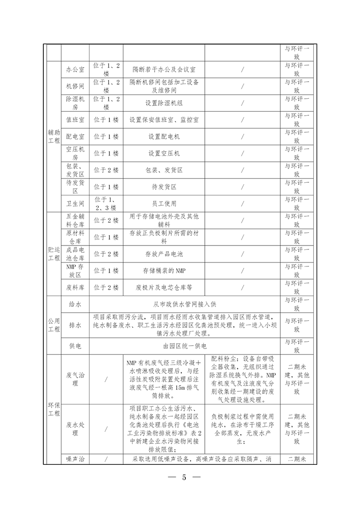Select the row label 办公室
[75, 70]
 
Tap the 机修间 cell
[75, 86]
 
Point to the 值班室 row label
[75, 120]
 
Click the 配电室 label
[75, 137]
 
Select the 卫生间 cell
[75, 203]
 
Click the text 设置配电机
[164, 137]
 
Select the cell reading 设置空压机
[164, 153]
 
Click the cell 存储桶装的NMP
[164, 270]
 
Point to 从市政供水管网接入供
[185, 304]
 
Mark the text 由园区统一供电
[185, 346]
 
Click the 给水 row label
[75, 304]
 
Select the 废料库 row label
[75, 287]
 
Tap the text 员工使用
[164, 203]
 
